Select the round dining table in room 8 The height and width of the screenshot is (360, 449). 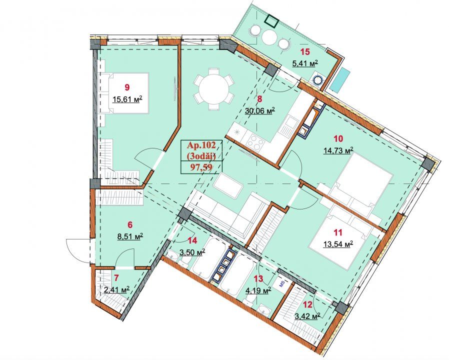pyautogui.click(x=213, y=89)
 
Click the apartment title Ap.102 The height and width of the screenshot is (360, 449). pyautogui.click(x=201, y=145)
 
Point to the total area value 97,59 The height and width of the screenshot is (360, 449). pyautogui.click(x=201, y=167)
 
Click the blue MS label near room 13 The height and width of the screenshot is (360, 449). pyautogui.click(x=281, y=284)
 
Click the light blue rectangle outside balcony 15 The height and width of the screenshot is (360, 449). pyautogui.click(x=340, y=80)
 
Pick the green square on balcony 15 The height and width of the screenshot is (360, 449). pyautogui.click(x=270, y=20)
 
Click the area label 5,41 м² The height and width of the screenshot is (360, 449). pyautogui.click(x=305, y=63)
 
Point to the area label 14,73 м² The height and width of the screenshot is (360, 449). pyautogui.click(x=338, y=150)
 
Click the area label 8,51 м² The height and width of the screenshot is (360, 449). pyautogui.click(x=130, y=236)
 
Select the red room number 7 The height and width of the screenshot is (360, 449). pyautogui.click(x=116, y=277)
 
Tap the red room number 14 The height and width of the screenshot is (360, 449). pyautogui.click(x=192, y=240)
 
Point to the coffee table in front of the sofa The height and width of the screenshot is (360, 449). pyautogui.click(x=228, y=185)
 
